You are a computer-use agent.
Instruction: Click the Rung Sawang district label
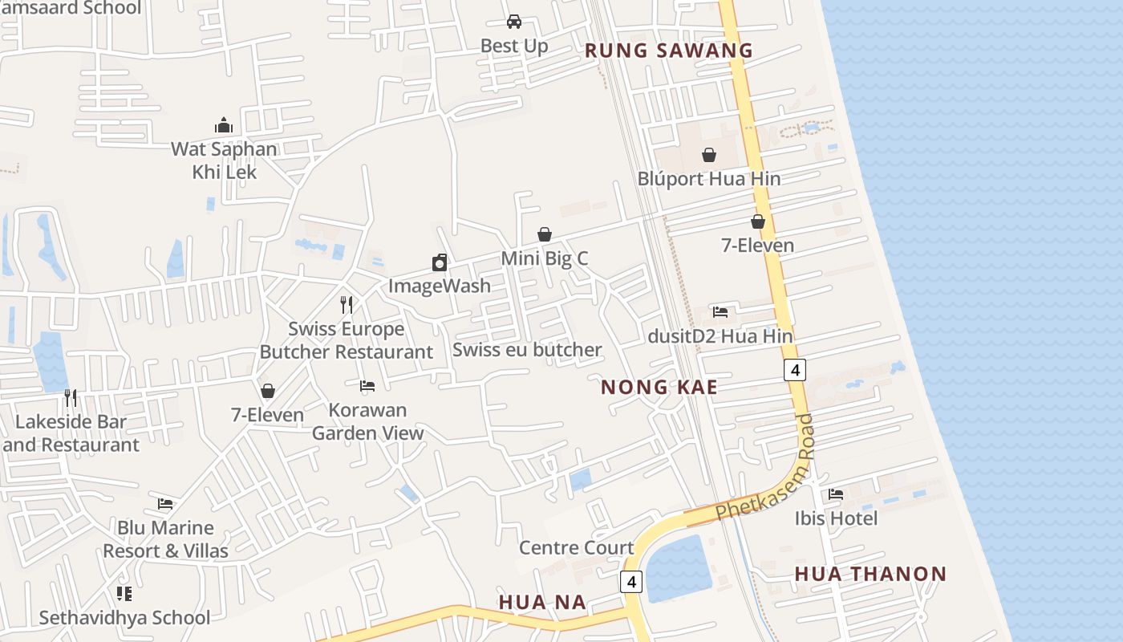click(669, 51)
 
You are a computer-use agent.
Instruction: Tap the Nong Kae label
click(659, 388)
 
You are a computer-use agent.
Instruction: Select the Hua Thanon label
click(870, 574)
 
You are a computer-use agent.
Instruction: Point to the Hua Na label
click(542, 602)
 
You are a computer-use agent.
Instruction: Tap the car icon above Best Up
click(514, 22)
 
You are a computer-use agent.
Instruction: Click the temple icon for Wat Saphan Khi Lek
click(224, 125)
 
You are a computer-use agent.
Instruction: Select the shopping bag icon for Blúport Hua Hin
click(709, 155)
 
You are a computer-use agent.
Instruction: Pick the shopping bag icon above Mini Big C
click(545, 234)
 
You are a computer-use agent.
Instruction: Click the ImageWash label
click(439, 286)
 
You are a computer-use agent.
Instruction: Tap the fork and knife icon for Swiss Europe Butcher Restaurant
click(347, 305)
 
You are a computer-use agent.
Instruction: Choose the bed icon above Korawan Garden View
click(367, 386)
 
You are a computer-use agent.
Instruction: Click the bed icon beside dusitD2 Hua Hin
click(720, 312)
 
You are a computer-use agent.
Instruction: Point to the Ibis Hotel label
click(836, 518)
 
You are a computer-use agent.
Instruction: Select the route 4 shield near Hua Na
click(631, 582)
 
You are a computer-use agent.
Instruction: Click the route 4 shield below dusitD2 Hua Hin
click(794, 370)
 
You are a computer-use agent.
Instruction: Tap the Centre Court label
click(576, 548)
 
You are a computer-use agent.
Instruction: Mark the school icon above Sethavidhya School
click(124, 594)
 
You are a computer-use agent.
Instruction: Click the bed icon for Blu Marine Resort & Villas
click(165, 504)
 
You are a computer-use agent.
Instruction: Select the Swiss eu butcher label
click(527, 350)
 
